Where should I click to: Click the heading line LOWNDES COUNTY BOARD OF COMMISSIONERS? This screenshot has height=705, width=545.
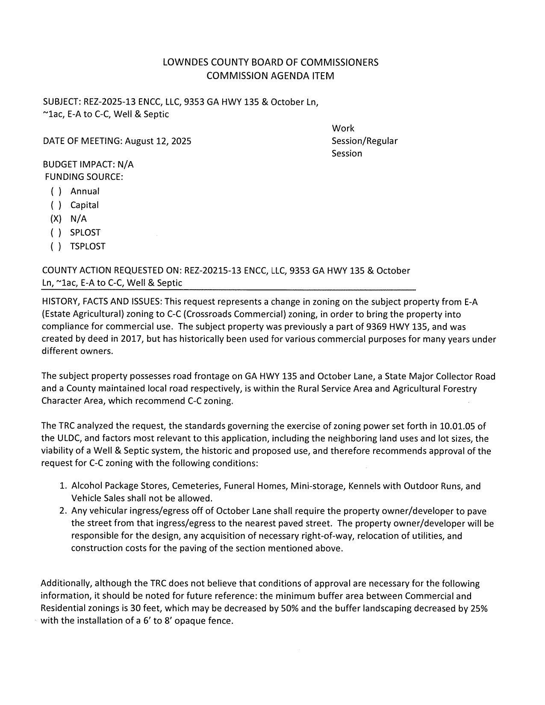271,62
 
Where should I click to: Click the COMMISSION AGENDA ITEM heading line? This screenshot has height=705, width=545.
270,76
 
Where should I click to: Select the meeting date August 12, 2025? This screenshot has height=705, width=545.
158,141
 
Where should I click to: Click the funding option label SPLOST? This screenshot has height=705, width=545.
85,232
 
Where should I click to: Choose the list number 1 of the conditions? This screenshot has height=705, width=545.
63,486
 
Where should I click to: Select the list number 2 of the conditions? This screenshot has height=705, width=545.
63,511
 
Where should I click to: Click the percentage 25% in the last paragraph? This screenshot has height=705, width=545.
479,608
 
